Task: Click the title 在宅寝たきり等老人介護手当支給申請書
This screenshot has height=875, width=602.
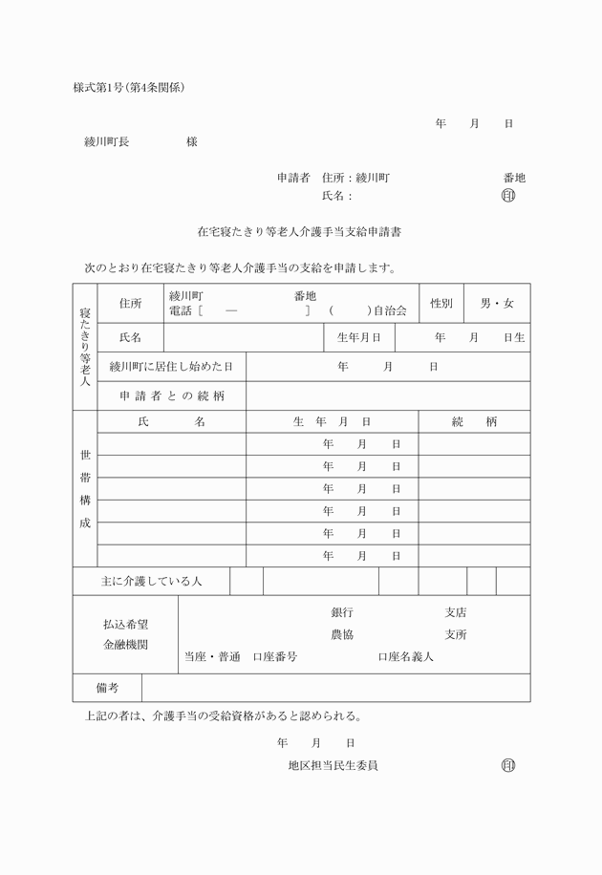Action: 299,231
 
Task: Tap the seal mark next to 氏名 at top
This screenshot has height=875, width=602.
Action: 507,196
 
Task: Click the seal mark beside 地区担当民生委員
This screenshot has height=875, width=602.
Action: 507,765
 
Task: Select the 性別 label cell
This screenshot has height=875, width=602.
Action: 441,304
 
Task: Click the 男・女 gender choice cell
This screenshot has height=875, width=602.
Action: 497,304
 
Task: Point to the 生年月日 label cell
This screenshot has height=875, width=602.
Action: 359,337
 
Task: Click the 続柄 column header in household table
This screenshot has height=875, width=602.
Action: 474,422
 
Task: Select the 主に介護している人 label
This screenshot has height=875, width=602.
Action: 151,581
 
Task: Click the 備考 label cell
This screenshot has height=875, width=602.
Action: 107,688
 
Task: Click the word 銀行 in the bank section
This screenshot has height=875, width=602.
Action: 342,612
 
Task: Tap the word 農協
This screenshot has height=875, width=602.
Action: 342,634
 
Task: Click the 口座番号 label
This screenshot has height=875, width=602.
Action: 275,657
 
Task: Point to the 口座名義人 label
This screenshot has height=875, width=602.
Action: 406,657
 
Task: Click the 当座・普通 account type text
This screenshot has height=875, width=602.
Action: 212,657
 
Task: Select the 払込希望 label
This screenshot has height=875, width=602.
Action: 125,624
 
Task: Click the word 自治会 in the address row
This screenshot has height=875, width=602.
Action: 390,310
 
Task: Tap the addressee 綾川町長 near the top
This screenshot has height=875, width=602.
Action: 107,142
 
